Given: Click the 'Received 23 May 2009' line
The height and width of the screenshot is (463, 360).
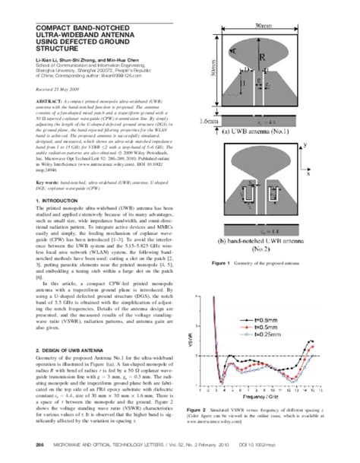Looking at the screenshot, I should [x=52, y=90].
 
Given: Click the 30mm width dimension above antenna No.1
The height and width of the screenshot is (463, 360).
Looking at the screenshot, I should [x=267, y=25].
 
